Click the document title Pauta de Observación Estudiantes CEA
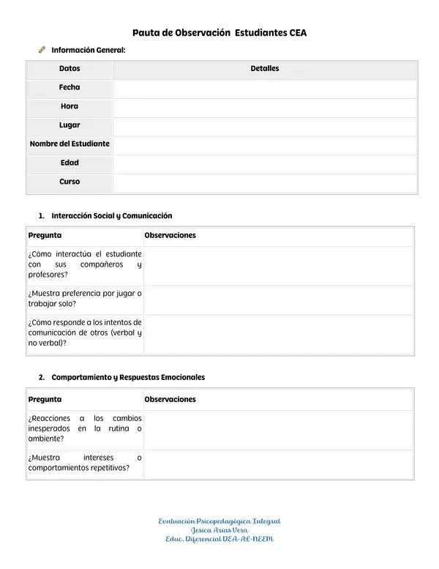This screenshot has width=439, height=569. pyautogui.click(x=219, y=33)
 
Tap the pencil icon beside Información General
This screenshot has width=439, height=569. pyautogui.click(x=42, y=50)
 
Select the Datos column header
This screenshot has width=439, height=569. pyautogui.click(x=70, y=69)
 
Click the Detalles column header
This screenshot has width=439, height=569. pyautogui.click(x=264, y=69)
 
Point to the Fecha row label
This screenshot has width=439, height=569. pyautogui.click(x=70, y=87)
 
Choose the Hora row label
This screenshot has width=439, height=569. pyautogui.click(x=70, y=106)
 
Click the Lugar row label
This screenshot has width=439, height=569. pyautogui.click(x=70, y=125)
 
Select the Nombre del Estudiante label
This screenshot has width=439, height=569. pyautogui.click(x=70, y=144)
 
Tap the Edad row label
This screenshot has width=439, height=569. pyautogui.click(x=70, y=163)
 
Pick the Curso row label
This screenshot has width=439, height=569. pyautogui.click(x=70, y=182)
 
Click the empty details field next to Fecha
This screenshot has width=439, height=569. pyautogui.click(x=264, y=88)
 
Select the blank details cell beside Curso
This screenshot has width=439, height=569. pyautogui.click(x=264, y=182)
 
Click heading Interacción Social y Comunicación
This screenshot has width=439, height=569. pyautogui.click(x=112, y=216)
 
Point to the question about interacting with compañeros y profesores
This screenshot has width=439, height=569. pyautogui.click(x=85, y=264)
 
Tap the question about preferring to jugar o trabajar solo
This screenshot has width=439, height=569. pyautogui.click(x=85, y=298)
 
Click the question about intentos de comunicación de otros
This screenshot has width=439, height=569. pyautogui.click(x=85, y=332)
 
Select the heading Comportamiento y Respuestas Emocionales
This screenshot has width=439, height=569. pyautogui.click(x=128, y=377)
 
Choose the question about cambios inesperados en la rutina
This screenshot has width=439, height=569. pyautogui.click(x=85, y=428)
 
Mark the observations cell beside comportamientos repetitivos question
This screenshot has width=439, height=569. pyautogui.click(x=278, y=463)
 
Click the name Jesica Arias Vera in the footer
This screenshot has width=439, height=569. pyautogui.click(x=219, y=530)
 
